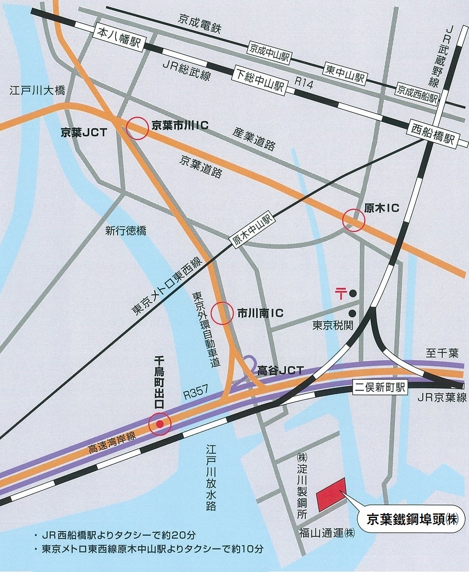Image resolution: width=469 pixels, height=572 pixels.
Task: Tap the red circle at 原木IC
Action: tap(354, 220)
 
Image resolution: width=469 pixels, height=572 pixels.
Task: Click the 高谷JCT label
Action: tap(280, 370)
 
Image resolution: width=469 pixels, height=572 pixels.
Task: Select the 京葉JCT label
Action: tap(84, 132)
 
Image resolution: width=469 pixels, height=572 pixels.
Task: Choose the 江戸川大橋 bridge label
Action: tap(37, 90)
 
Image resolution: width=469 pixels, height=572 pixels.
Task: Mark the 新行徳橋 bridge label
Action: tap(125, 231)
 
